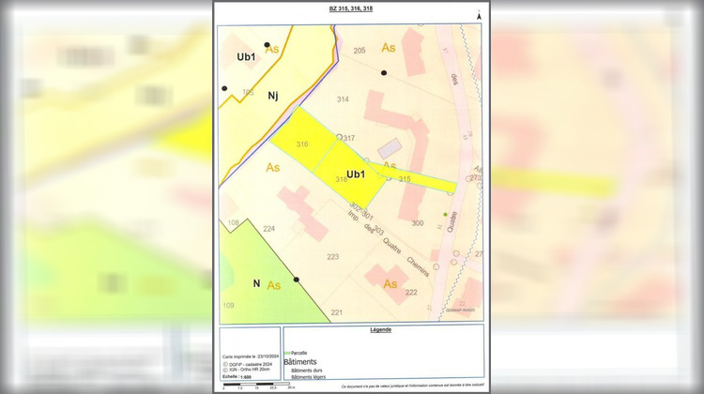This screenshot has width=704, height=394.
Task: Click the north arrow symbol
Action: (478, 15)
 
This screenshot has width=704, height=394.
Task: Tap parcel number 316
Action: (301, 144)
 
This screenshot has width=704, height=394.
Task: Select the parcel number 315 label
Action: (405, 178)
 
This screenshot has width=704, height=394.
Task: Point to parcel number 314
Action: (343, 98)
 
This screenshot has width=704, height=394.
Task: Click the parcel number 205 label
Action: (359, 50)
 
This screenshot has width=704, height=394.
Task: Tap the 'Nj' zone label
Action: (272, 94)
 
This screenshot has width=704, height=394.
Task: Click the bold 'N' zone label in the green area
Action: (255, 282)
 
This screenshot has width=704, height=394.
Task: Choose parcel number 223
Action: (332, 256)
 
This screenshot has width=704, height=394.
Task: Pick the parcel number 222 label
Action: (411, 292)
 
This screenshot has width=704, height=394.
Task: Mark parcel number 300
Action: (417, 223)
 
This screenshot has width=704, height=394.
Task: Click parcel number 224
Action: (268, 229)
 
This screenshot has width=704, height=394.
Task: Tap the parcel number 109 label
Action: (228, 306)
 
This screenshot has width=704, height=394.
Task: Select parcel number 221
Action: (336, 312)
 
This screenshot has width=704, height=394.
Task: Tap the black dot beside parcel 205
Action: (383, 72)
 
